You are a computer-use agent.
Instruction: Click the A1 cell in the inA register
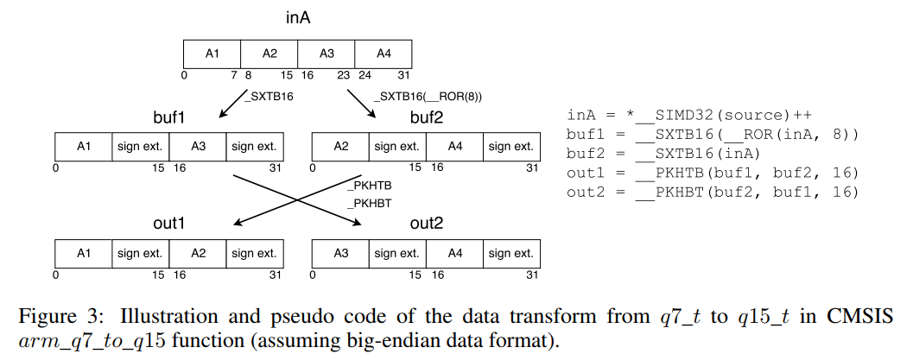pyautogui.click(x=212, y=54)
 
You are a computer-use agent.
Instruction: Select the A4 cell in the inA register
pyautogui.click(x=384, y=54)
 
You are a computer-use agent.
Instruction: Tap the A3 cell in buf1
pyautogui.click(x=197, y=147)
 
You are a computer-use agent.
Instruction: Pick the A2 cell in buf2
pyautogui.click(x=339, y=147)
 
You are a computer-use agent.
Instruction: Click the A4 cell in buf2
pyautogui.click(x=454, y=147)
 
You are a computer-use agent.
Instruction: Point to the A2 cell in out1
pyautogui.click(x=197, y=254)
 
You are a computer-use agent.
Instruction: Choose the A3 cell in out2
pyautogui.click(x=339, y=254)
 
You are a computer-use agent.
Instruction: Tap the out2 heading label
pyautogui.click(x=425, y=224)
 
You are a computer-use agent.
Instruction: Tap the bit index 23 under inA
pyautogui.click(x=344, y=75)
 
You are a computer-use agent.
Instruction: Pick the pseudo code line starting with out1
pyautogui.click(x=713, y=173)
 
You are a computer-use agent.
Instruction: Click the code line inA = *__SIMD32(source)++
pyautogui.click(x=690, y=116)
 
